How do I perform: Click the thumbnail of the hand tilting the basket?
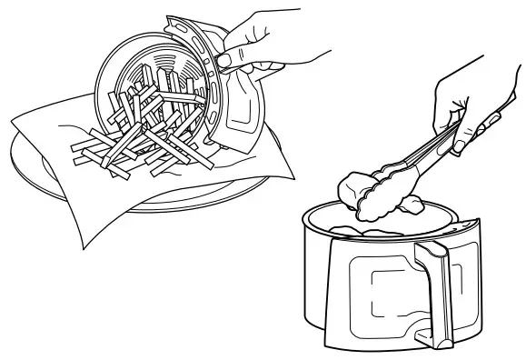click(220, 60)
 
